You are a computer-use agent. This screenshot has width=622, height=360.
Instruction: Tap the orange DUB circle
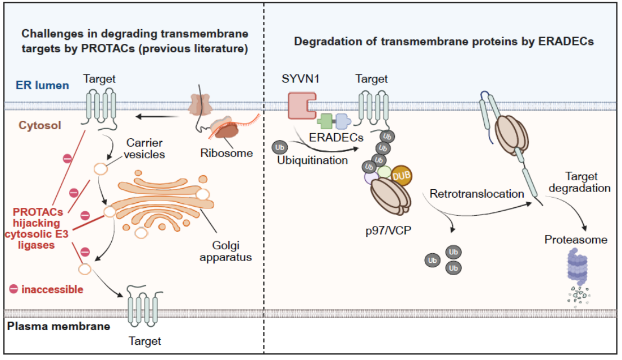402,176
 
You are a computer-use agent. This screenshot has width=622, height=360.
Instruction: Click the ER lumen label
42,85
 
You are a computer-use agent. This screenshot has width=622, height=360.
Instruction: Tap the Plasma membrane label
58,326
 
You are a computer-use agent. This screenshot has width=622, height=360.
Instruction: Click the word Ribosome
233,153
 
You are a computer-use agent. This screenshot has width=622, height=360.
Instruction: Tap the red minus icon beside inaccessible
13,289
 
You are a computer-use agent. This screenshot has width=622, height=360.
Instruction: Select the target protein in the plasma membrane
145,308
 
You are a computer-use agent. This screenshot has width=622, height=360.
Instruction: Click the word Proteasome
576,240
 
